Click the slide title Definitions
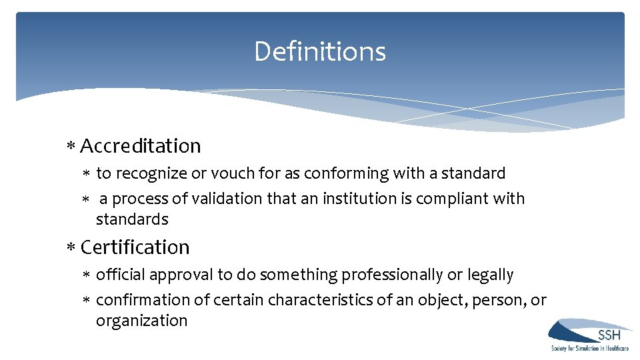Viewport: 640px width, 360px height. tap(320, 52)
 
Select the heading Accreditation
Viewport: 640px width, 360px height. tap(140, 146)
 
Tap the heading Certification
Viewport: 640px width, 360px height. tap(135, 247)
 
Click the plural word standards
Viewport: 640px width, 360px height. tap(132, 219)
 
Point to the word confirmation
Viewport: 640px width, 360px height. tap(153, 300)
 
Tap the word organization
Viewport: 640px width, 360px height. tap(141, 321)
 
